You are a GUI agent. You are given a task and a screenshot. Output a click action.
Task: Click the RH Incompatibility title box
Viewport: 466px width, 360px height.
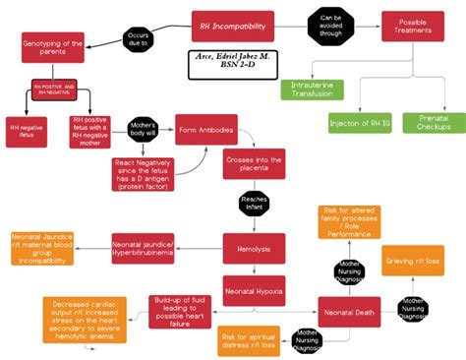(232, 26)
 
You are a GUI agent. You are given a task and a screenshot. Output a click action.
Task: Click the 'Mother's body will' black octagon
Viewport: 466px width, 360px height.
(144, 133)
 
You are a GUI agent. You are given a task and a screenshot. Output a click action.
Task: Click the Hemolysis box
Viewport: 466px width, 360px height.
(254, 249)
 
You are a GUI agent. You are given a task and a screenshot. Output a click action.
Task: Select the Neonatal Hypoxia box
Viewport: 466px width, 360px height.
(255, 291)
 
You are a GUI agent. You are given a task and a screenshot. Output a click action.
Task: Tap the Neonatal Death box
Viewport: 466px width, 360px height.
(348, 312)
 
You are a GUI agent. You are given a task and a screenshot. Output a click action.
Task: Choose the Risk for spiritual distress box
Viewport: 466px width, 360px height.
(253, 338)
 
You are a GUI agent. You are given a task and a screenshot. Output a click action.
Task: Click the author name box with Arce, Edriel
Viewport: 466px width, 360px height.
(233, 65)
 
